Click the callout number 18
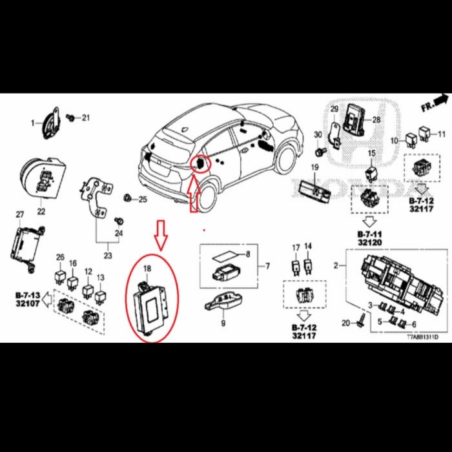pos(147,268)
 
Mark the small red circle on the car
pos(201,165)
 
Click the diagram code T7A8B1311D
pos(421,337)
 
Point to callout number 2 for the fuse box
pos(336,265)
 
